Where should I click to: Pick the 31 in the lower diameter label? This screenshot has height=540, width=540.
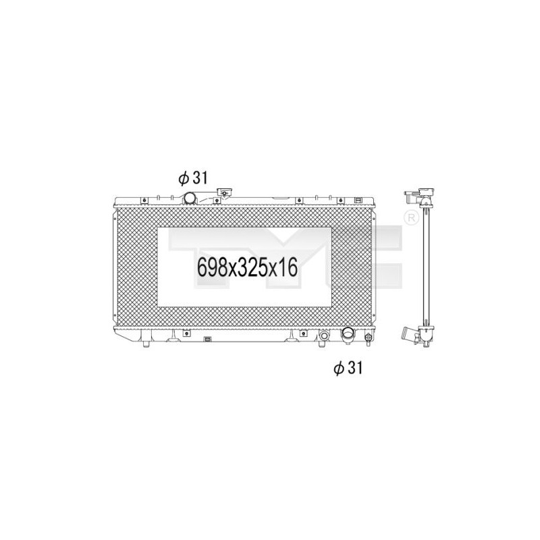pyautogui.click(x=355, y=368)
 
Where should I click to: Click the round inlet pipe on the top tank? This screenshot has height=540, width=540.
pyautogui.click(x=191, y=198)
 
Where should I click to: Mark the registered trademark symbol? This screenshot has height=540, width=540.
pyautogui.click(x=410, y=218)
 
